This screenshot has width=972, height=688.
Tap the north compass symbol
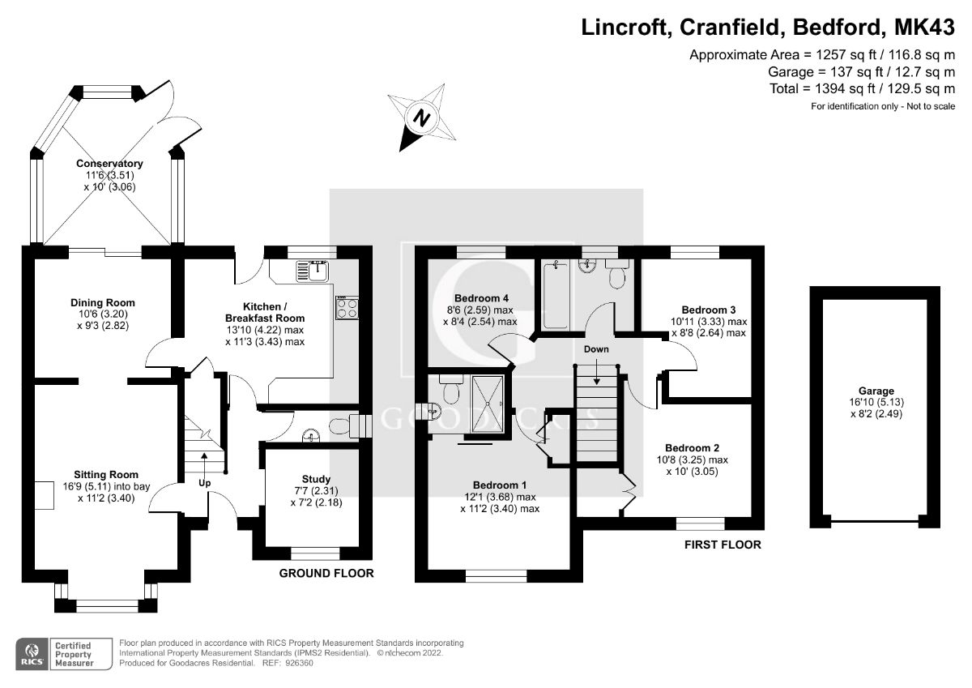pos(421,118)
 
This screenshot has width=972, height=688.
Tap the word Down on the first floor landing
pos(597,349)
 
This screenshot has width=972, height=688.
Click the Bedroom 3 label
pos(708,310)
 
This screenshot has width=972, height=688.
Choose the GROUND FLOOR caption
pos(326,574)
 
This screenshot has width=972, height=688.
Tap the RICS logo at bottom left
pos(32,653)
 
